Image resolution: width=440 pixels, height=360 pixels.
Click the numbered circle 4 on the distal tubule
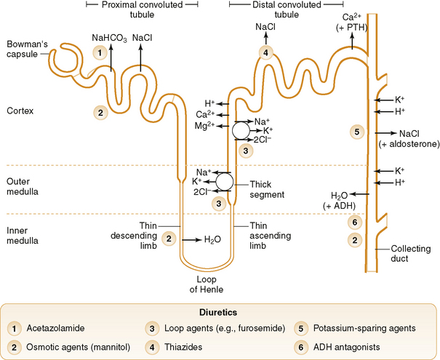tap(266, 52)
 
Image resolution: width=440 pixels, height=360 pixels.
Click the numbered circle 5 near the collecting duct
tap(356, 132)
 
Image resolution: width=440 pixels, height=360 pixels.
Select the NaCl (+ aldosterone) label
tap(409, 139)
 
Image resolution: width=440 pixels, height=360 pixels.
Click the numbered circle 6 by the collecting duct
tap(354, 223)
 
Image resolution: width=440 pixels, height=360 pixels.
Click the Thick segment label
tap(266, 190)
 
